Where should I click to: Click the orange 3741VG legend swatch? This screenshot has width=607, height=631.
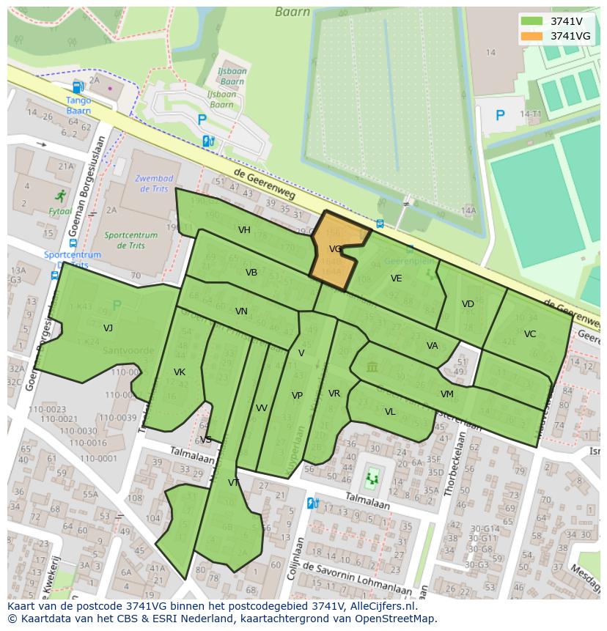coord(532,36)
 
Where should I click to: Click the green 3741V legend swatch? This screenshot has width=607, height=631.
coord(532,21)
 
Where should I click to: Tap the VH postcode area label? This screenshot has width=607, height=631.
coord(244,230)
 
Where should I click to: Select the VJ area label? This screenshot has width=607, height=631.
coord(108,328)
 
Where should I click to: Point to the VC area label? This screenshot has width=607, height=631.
coord(530,334)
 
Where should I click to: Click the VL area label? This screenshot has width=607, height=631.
coord(390,412)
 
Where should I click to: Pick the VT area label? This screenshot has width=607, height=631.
coord(234,483)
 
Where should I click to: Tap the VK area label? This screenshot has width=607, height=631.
coord(180,372)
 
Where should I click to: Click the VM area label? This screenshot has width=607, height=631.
coord(446,394)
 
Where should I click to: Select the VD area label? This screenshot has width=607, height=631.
coord(468,304)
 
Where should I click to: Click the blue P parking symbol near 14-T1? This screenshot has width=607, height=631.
coord(500,115)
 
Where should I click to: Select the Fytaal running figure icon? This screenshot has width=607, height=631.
coord(60,196)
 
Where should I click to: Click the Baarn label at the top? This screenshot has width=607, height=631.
coord(293,12)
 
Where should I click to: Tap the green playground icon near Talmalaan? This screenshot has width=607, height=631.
coord(372,479)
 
